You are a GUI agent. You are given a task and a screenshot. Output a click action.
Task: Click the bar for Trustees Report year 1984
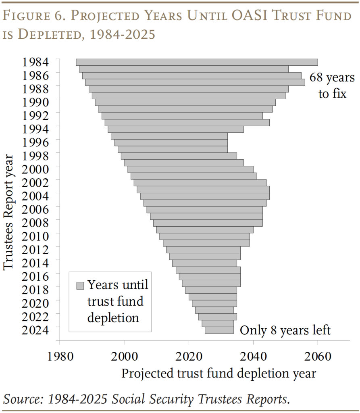click(197, 62)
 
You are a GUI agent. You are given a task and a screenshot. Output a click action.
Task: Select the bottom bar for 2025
click(219, 330)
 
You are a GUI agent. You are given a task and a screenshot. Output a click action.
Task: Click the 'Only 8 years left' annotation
click(285, 330)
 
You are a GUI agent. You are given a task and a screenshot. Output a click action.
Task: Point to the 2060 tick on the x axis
click(318, 357)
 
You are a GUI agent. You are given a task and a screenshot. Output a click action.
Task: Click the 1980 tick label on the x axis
click(60, 357)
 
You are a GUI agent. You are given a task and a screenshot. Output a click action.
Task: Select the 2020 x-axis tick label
click(189, 357)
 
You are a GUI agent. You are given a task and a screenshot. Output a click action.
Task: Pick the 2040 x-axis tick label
click(253, 357)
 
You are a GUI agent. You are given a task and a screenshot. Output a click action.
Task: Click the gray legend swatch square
click(80, 286)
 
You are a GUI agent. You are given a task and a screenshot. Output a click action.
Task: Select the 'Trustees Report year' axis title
click(8, 212)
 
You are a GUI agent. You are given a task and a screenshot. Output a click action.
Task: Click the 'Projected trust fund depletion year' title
click(219, 373)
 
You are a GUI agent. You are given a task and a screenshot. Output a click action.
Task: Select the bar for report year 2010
click(205, 229)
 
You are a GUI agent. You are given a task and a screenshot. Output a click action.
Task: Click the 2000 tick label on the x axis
click(124, 357)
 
